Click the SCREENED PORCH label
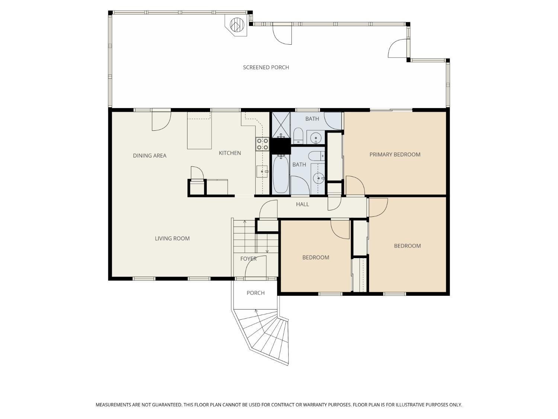pyautogui.click(x=266, y=67)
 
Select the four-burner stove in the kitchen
pyautogui.click(x=262, y=144)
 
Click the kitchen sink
pyautogui.click(x=262, y=171)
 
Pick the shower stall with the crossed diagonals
pyautogui.click(x=281, y=124)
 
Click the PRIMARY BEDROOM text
pyautogui.click(x=395, y=155)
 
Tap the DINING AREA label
pyautogui.click(x=150, y=156)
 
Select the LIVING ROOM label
pyautogui.click(x=172, y=239)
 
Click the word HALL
pyautogui.click(x=302, y=204)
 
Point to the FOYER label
pyautogui.click(x=248, y=259)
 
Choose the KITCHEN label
pyautogui.click(x=230, y=153)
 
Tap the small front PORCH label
pyautogui.click(x=256, y=293)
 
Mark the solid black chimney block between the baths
pyautogui.click(x=280, y=146)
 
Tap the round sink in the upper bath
pyautogui.click(x=316, y=138)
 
